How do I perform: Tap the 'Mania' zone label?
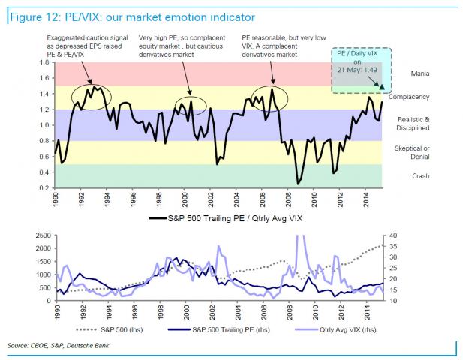(420, 74)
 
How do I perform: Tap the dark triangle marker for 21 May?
(382, 87)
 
